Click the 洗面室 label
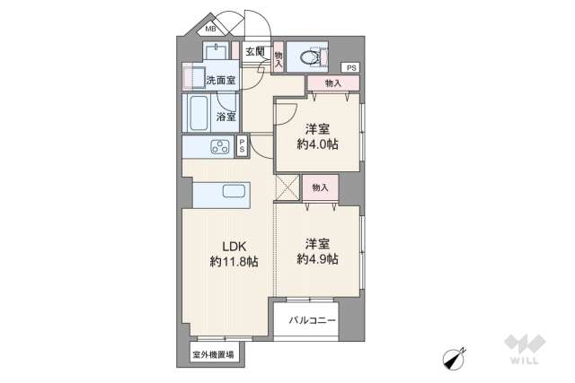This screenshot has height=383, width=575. (x=221, y=81)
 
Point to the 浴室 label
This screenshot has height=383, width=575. (x=226, y=117)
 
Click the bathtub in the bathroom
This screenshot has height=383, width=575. (x=198, y=114)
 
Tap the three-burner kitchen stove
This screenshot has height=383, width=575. (x=221, y=148)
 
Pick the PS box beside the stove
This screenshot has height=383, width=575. (x=242, y=148)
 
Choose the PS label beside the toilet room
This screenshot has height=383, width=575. (x=351, y=68)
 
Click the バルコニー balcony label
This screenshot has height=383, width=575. (x=312, y=321)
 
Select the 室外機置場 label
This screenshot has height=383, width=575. (x=213, y=355)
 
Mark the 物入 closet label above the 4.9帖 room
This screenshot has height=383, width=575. (x=319, y=188)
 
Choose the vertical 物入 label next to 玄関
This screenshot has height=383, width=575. (x=279, y=59)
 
